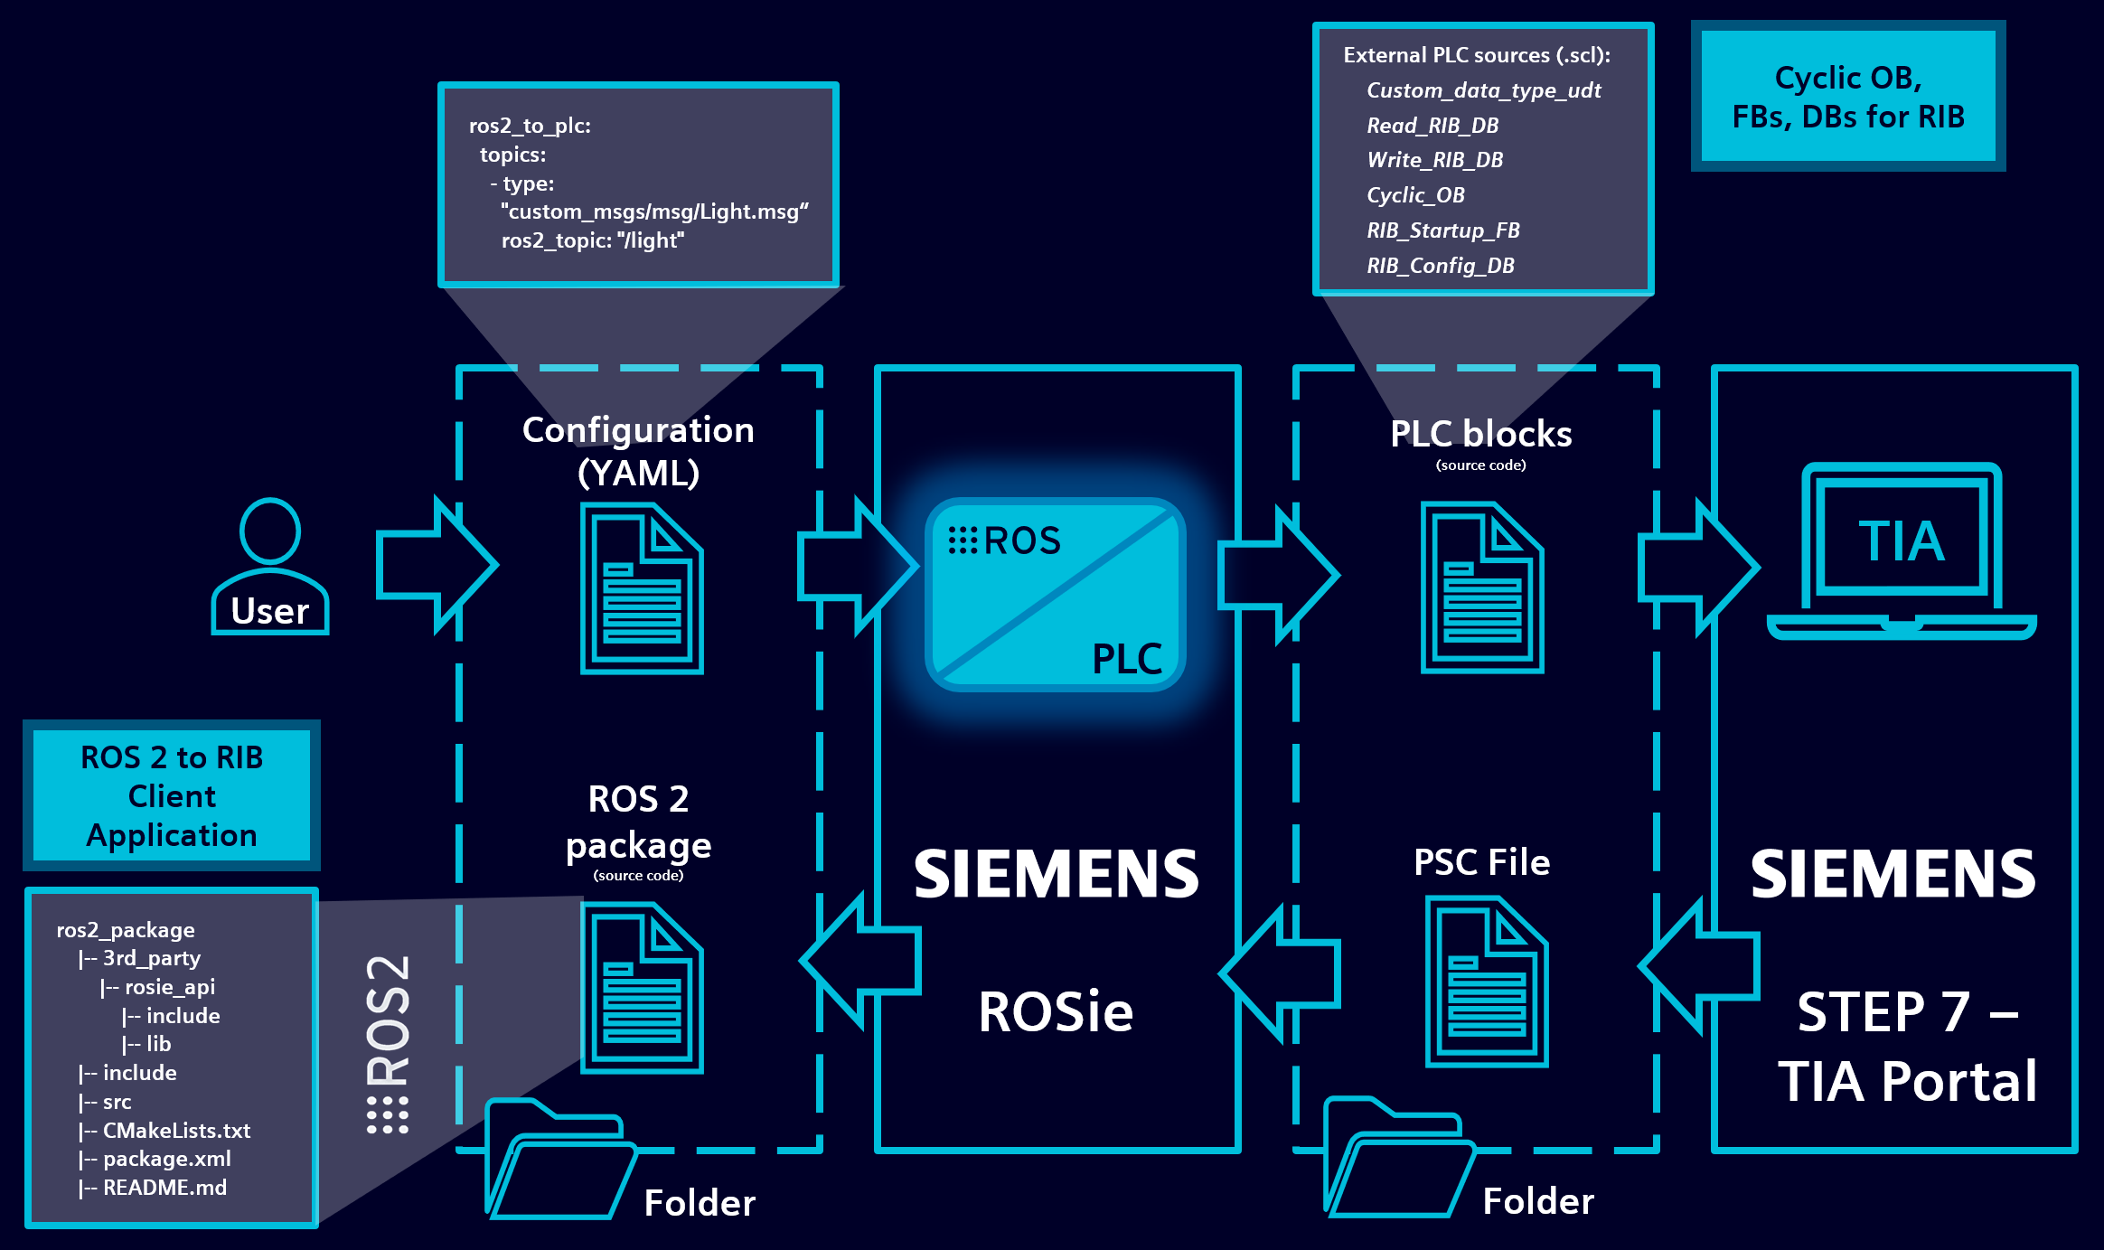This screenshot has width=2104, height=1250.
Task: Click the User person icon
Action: tap(269, 565)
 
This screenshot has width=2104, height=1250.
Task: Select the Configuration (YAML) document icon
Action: tap(642, 588)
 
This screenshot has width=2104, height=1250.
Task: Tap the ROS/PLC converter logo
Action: tap(1056, 595)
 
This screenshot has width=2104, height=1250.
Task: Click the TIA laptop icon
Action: tap(1902, 551)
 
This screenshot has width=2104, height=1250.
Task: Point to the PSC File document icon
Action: tap(1487, 982)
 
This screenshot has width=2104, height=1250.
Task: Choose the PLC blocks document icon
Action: tap(1482, 588)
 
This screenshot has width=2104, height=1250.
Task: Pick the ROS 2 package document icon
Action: tap(642, 989)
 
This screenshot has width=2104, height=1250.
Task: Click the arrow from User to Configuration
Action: tap(437, 565)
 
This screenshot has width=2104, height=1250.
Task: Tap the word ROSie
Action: tap(1056, 1011)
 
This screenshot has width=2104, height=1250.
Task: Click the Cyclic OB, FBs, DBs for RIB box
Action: tap(1848, 97)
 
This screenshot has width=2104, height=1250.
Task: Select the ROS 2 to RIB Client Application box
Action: tap(172, 795)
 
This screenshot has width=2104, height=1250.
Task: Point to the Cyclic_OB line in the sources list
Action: tap(1415, 195)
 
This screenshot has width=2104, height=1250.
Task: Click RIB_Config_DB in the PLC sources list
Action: tap(1441, 266)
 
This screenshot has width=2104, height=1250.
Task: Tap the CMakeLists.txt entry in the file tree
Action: tap(176, 1131)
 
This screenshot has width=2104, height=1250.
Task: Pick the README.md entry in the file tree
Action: tap(164, 1188)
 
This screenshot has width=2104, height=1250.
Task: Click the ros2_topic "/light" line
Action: tap(593, 240)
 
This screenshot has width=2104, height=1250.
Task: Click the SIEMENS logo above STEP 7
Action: tap(1893, 875)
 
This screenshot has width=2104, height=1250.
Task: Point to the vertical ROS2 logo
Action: tap(389, 1044)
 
